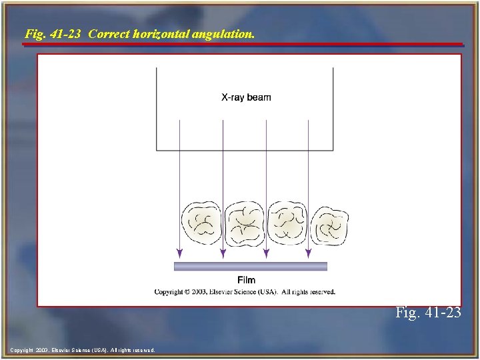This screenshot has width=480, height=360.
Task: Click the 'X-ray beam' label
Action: [x=246, y=97]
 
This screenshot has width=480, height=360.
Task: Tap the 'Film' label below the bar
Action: [x=246, y=280]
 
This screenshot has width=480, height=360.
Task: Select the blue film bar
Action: [x=251, y=267]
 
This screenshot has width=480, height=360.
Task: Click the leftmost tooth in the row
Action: [x=202, y=223]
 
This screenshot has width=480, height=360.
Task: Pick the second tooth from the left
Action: [x=244, y=225]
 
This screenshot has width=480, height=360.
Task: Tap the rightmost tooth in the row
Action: [x=329, y=225]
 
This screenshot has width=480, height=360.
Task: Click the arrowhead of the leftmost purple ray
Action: [x=179, y=253]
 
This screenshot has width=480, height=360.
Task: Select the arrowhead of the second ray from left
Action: [x=223, y=253]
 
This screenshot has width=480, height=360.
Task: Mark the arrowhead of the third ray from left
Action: [x=266, y=253]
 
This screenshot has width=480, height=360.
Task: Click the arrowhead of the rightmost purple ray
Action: [x=309, y=253]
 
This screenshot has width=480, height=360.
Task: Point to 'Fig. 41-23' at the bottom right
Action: [x=427, y=311]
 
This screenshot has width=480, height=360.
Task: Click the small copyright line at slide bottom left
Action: [x=83, y=350]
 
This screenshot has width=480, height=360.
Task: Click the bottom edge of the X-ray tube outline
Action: [x=245, y=151]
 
